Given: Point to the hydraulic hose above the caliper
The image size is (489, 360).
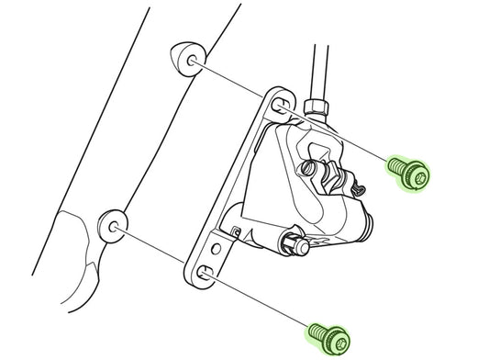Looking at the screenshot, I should click(317, 55).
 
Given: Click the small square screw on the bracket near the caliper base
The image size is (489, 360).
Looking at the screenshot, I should click(237, 231).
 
